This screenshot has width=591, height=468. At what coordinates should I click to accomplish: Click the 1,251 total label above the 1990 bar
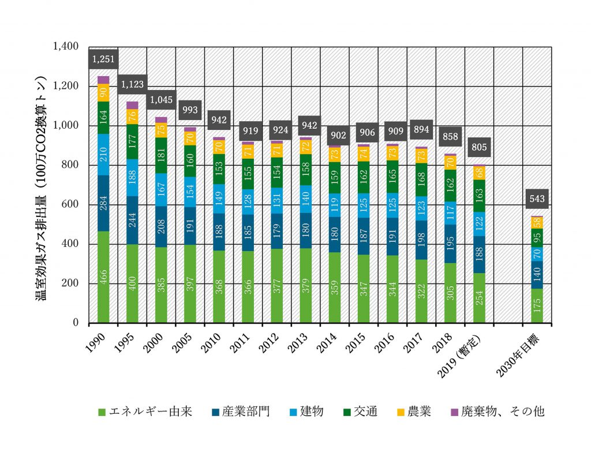tap(103, 59)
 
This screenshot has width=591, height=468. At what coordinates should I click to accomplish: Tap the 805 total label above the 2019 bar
tap(478, 147)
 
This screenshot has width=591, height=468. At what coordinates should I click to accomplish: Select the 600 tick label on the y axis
tap(74, 205)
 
